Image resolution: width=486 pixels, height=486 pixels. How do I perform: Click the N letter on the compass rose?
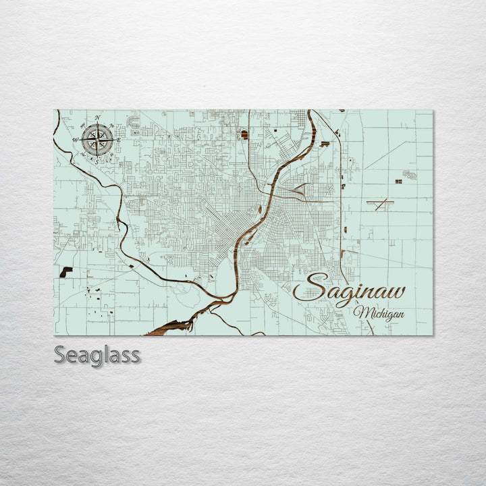pyautogui.click(x=98, y=117)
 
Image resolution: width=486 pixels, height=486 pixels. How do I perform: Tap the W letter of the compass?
pyautogui.click(x=76, y=140)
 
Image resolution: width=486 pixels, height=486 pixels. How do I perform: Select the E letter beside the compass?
pyautogui.click(x=119, y=140)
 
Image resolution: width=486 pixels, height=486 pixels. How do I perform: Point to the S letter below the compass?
pyautogui.click(x=97, y=162)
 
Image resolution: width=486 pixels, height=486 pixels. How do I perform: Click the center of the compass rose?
pyautogui.click(x=98, y=140)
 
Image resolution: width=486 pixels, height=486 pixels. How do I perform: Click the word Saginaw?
pyautogui.click(x=349, y=290)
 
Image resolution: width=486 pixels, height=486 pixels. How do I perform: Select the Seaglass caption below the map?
pyautogui.click(x=97, y=354)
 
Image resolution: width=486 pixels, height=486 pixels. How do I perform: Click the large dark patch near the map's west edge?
pyautogui.click(x=66, y=271)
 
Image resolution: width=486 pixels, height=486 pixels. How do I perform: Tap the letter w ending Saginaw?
pyautogui.click(x=397, y=291)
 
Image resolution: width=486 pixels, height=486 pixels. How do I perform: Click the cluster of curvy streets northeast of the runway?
pyautogui.click(x=409, y=174)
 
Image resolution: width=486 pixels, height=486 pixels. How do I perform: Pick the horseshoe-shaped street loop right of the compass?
pyautogui.click(x=134, y=122)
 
